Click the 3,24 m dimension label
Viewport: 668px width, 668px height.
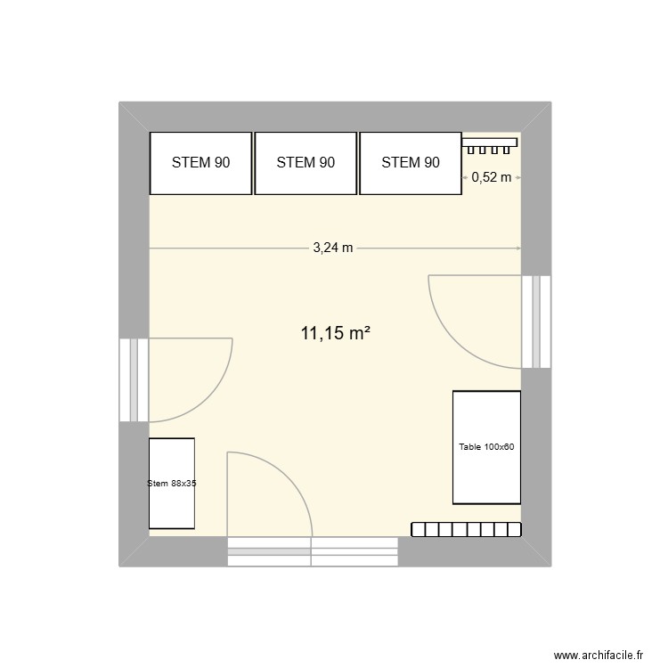(333, 248)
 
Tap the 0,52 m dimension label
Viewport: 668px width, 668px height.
(492, 177)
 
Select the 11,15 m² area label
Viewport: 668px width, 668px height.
(335, 334)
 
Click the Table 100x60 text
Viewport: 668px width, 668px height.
(486, 447)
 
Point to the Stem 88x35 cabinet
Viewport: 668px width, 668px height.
(172, 484)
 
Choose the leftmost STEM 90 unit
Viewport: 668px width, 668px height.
(200, 163)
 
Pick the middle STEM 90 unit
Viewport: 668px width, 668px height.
(305, 163)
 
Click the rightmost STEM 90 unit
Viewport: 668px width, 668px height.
(411, 163)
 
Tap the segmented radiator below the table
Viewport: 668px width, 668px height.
(466, 530)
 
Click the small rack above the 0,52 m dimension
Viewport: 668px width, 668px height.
(490, 143)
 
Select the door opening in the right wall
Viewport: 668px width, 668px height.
(537, 322)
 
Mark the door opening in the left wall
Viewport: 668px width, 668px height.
(134, 379)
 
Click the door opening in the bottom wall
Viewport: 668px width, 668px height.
(313, 550)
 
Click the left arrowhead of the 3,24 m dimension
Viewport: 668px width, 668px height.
(151, 248)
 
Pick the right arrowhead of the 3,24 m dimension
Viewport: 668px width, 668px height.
(518, 248)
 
